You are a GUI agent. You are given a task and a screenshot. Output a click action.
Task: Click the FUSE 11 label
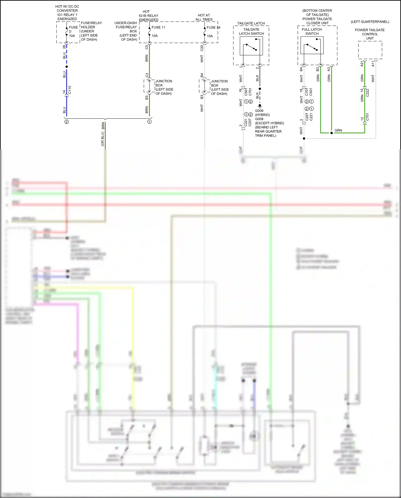pos(158,27)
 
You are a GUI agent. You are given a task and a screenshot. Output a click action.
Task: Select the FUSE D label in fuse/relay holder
pos(73,29)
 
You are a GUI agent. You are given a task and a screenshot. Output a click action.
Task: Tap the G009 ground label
pos(259,111)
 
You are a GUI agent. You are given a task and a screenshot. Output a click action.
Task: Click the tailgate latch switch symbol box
pos(251,46)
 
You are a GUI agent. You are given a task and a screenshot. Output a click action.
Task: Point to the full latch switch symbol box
pos(312,45)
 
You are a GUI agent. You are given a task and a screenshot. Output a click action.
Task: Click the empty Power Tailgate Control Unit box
pos(370,50)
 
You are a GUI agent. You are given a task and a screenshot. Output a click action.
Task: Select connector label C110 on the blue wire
pos(70,90)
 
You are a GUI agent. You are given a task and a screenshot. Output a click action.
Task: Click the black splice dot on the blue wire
pos(67,67)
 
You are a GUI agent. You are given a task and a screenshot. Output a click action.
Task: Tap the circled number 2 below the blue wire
pos(67,122)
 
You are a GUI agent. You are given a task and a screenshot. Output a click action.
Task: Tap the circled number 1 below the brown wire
pos(149,122)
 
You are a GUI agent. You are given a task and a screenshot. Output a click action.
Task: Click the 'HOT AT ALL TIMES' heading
pos(204,17)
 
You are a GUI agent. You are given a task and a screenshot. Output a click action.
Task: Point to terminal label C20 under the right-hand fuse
pos(202,48)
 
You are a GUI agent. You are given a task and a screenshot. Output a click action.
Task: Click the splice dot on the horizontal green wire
pos(331,133)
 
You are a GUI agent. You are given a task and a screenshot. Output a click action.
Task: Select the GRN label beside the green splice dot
pos(338,130)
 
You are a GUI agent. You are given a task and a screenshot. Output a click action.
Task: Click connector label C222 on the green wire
pos(368,93)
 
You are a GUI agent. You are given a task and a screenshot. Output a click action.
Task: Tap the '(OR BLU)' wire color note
pos(103,139)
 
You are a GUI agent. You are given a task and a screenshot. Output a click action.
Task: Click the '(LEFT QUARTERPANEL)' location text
pos(370,22)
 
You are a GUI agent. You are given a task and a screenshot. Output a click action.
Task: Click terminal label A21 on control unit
pos(362,64)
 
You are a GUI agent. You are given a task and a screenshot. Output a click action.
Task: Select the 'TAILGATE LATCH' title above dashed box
pos(251,23)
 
